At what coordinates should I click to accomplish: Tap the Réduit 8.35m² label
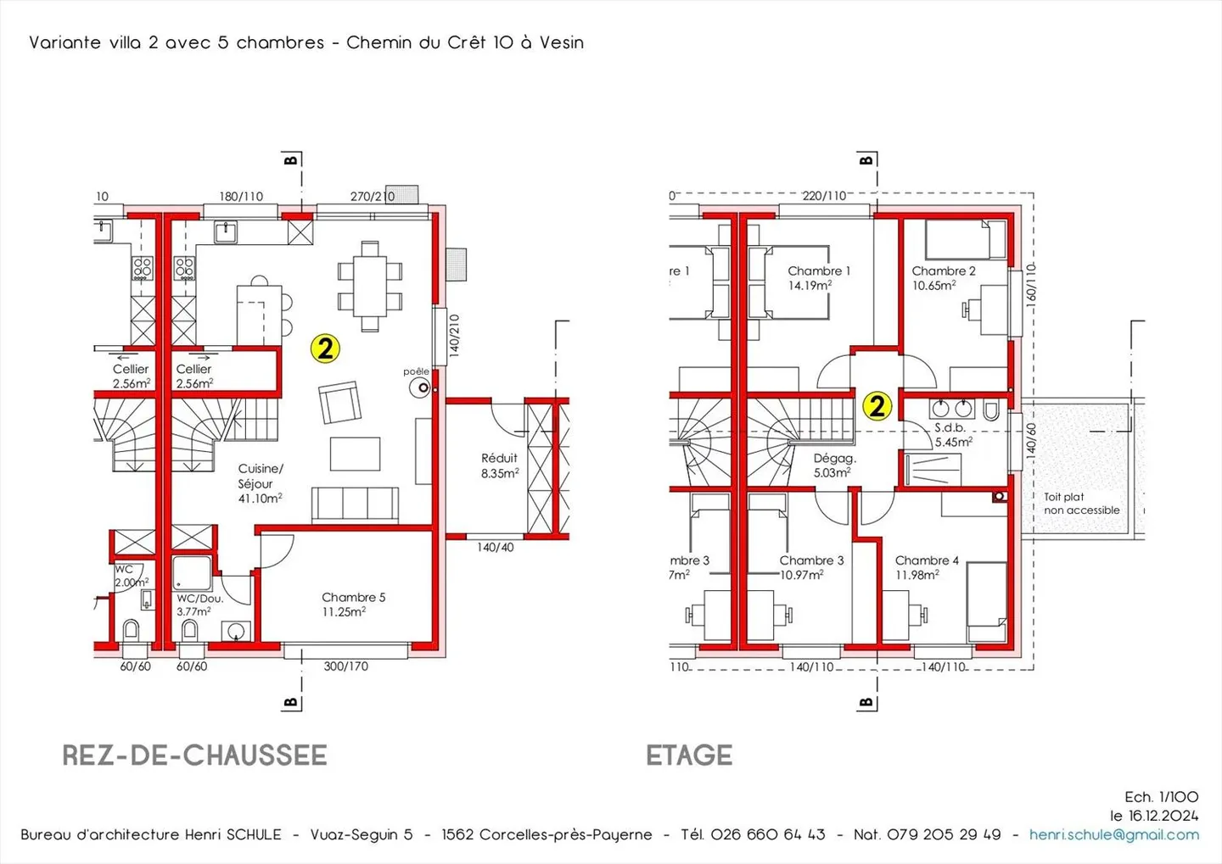point(499,465)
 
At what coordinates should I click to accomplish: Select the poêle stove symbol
point(419,388)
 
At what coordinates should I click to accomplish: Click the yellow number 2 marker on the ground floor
point(325,348)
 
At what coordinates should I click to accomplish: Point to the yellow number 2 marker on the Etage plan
point(877,406)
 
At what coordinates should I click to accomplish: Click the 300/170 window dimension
point(346,666)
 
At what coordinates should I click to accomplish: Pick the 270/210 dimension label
point(372,196)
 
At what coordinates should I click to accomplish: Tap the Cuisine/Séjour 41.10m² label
point(261,483)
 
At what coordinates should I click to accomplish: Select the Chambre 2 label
point(944,271)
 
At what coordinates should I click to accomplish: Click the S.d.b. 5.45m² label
point(953,435)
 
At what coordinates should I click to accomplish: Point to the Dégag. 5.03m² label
point(834,465)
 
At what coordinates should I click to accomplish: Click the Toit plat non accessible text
point(1081,504)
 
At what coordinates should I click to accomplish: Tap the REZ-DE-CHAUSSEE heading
point(195,755)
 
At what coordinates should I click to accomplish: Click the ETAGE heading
point(690,755)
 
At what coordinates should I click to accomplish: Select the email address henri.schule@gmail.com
point(1114,834)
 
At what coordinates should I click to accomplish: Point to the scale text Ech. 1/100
point(1162,797)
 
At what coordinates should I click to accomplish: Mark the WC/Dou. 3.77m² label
point(199,605)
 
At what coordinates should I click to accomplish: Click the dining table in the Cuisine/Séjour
point(370,287)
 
